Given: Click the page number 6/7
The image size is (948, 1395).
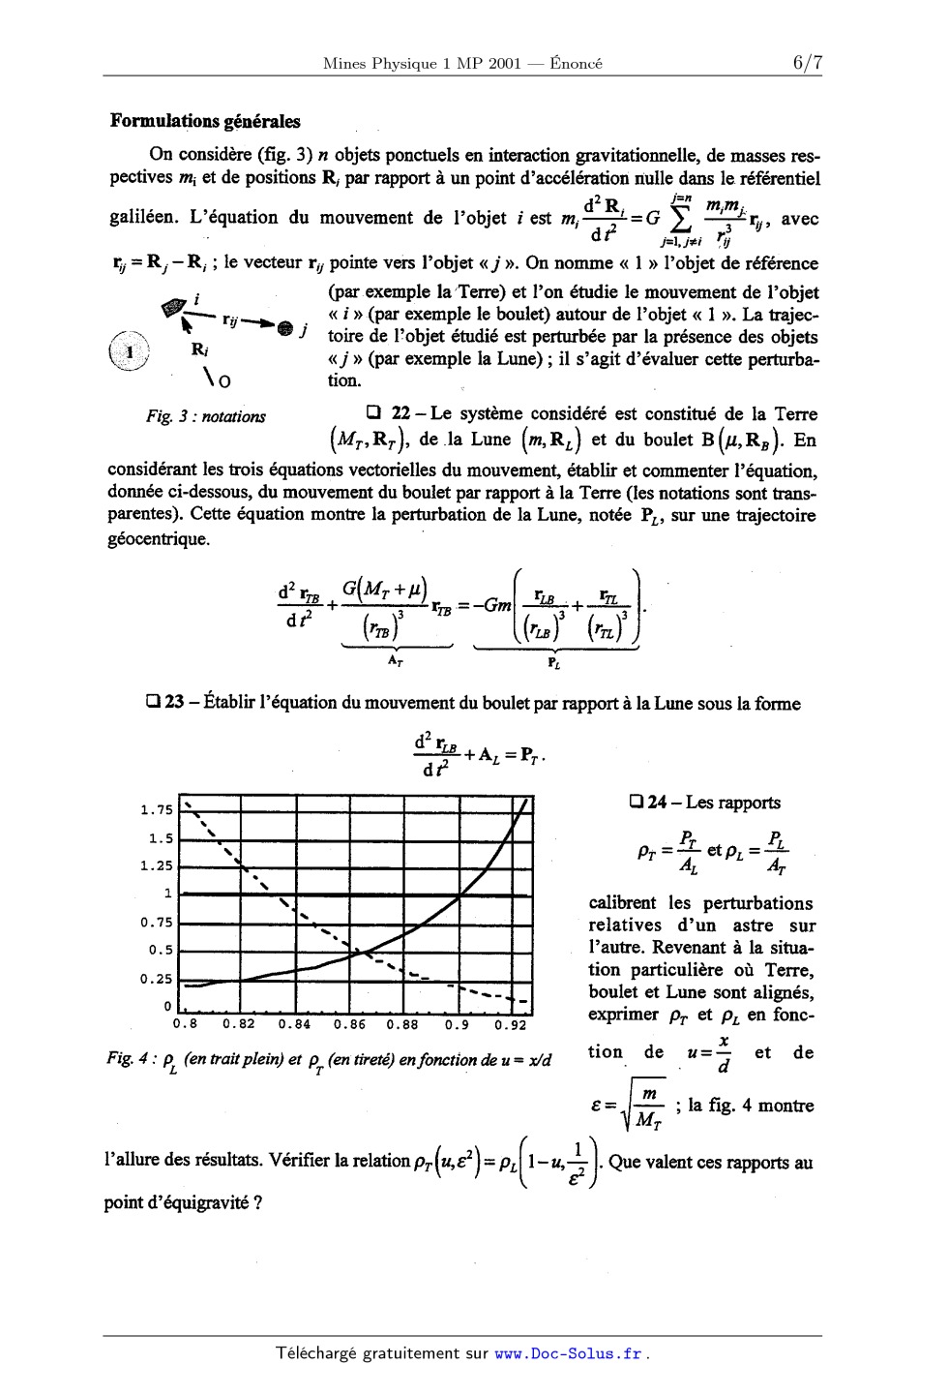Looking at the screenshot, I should click(807, 63).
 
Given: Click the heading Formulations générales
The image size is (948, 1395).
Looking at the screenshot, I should click(205, 122).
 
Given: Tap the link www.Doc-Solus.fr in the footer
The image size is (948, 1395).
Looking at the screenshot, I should click(568, 1353).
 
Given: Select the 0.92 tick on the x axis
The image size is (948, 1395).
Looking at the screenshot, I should click(511, 1023).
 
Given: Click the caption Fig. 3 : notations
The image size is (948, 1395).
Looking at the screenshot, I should click(205, 417).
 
